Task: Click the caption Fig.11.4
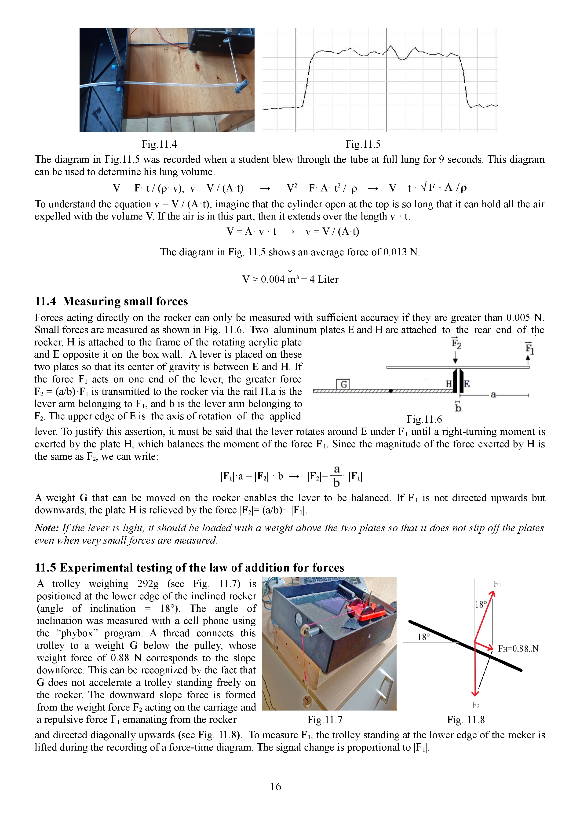(x=159, y=144)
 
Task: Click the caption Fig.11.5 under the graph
(x=363, y=144)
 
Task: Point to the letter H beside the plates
(x=449, y=384)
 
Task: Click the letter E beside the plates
(x=467, y=384)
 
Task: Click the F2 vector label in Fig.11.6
(x=456, y=344)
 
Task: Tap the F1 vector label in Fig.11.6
(x=529, y=348)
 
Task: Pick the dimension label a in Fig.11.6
(x=493, y=395)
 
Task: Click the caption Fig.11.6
(x=424, y=419)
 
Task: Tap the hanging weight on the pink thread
(x=307, y=702)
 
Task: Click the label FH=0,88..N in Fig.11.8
(x=518, y=648)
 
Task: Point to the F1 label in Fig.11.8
(x=497, y=584)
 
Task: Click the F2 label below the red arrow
(x=475, y=705)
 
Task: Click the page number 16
(x=276, y=786)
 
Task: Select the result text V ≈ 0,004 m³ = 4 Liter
(x=290, y=279)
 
